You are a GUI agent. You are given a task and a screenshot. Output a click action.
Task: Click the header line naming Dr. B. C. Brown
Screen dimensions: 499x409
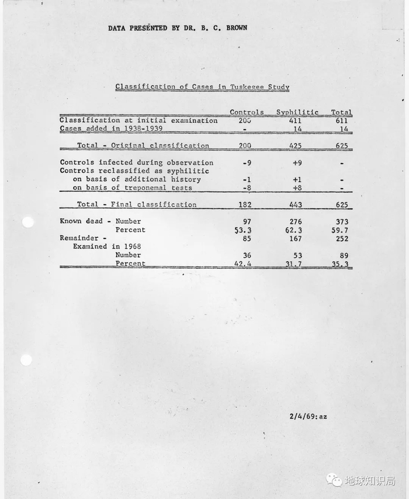point(177,27)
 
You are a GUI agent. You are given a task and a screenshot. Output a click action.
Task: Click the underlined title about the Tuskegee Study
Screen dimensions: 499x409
point(202,86)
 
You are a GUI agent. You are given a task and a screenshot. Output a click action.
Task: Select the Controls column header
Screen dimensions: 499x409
point(247,112)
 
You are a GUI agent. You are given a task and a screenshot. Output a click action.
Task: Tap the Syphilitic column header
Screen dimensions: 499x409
point(297,112)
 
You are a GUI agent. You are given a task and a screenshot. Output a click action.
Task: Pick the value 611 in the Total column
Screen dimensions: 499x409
point(341,120)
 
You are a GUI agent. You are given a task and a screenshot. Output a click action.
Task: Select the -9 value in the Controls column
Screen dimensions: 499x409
point(247,163)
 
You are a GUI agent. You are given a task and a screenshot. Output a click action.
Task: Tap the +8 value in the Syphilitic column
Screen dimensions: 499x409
point(297,188)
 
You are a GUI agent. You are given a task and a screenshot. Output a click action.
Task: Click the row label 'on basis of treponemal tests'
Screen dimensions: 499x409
point(134,188)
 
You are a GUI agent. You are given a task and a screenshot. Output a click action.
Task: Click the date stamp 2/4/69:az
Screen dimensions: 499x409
point(308,417)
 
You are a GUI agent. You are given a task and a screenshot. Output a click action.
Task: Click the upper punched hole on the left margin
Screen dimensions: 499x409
point(27,222)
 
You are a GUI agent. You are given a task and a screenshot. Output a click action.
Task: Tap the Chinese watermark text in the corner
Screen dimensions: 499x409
point(369,480)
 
